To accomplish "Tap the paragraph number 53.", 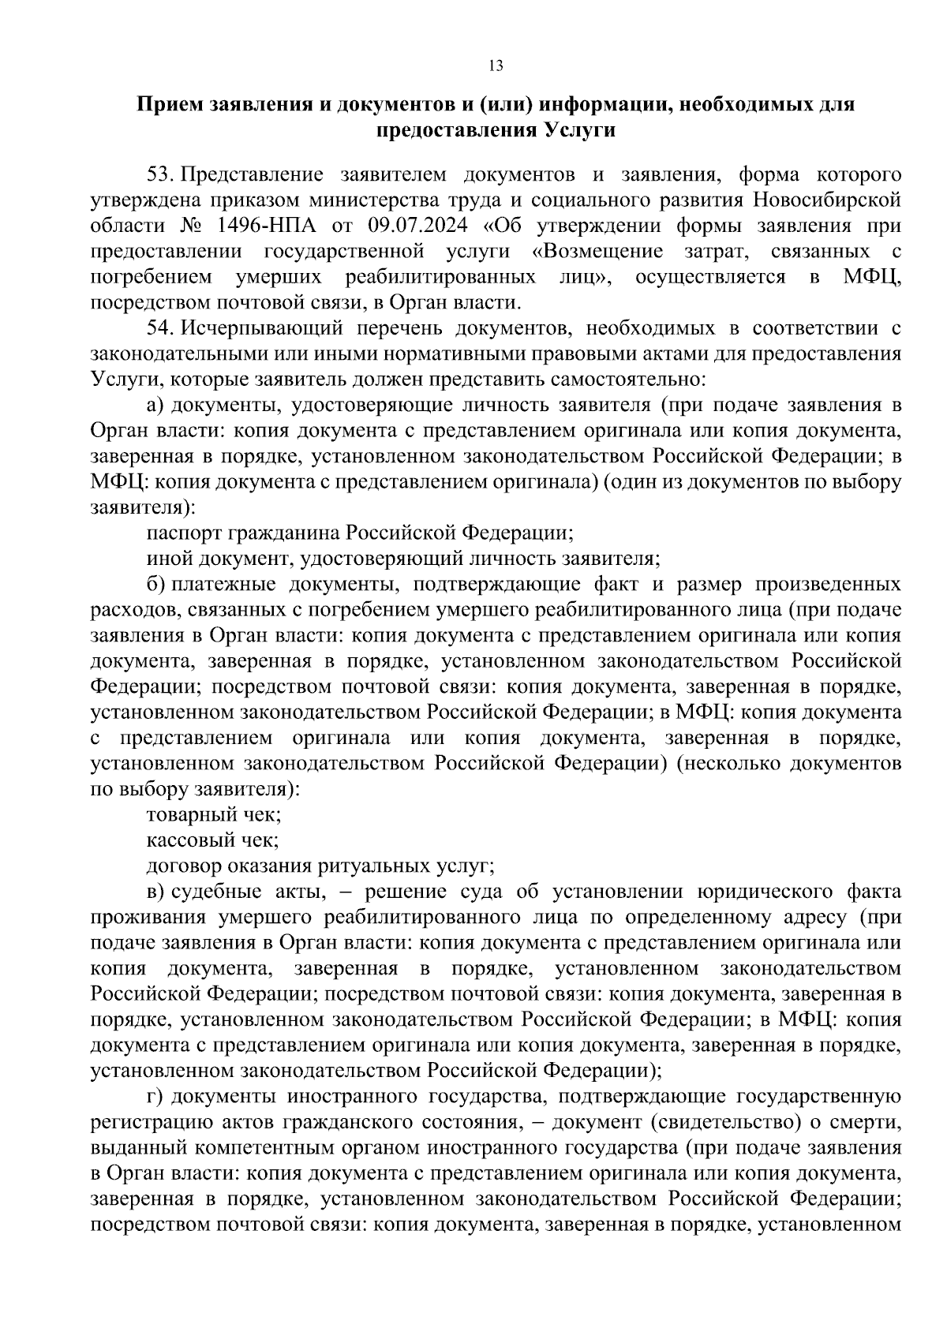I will point(162,174).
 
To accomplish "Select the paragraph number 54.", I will point(162,327).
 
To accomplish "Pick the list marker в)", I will point(156,892).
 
